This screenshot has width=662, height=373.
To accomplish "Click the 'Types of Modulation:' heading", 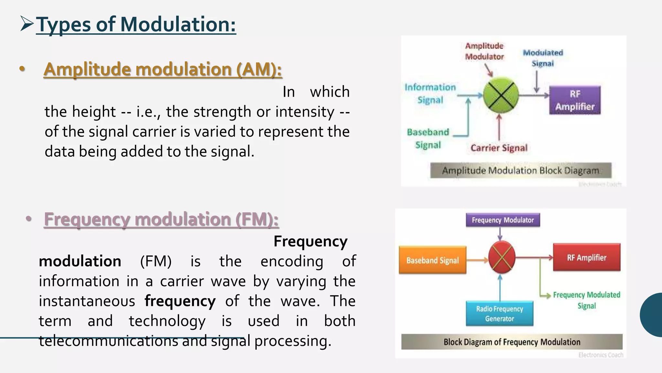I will tap(136, 25).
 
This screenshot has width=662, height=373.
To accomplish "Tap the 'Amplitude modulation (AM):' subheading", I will tap(163, 69).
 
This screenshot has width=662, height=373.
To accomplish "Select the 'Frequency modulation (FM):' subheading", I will tap(161, 219).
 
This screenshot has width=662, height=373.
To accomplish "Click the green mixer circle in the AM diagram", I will tap(501, 95).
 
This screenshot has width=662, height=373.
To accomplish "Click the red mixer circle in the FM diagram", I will tap(501, 257).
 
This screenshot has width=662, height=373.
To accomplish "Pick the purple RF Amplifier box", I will tap(575, 100).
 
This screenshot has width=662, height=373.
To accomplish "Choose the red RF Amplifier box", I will tap(586, 257).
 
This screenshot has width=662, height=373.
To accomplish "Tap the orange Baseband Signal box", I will tap(432, 260).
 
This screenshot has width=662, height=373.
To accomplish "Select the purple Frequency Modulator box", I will tap(503, 220).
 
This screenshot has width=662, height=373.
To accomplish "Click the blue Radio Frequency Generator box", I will tap(499, 313).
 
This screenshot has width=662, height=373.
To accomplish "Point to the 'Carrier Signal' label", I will tap(499, 148).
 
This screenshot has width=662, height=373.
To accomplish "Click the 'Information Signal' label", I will tap(430, 93).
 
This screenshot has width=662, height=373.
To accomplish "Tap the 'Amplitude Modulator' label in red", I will tap(484, 51).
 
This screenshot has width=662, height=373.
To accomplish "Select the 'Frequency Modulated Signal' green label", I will tap(586, 300).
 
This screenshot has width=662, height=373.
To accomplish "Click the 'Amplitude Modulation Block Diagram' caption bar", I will tap(520, 170).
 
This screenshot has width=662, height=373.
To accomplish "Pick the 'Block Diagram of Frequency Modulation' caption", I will tap(512, 342).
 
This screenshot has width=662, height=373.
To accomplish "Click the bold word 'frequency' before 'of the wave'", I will tap(180, 301).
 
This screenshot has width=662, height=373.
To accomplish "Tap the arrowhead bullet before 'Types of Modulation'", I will tap(27, 24).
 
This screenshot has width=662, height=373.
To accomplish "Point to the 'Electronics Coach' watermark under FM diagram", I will tap(601, 355).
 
